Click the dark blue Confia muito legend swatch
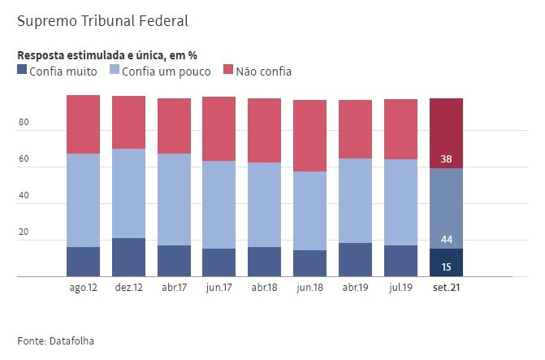(22, 71)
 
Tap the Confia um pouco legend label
(166, 72)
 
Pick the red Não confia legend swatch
(227, 71)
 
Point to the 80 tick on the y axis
(24, 124)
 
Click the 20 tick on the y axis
(24, 233)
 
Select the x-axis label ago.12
(83, 288)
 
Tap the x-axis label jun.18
(309, 288)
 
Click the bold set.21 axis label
(446, 288)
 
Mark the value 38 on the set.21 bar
(446, 159)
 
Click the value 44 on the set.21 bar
(446, 240)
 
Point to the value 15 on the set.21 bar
(446, 267)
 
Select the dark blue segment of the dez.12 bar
(128, 257)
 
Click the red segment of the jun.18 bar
(309, 136)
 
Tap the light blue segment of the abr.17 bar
(174, 199)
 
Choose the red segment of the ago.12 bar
(83, 124)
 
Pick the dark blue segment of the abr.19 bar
(355, 259)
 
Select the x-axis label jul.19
(400, 288)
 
